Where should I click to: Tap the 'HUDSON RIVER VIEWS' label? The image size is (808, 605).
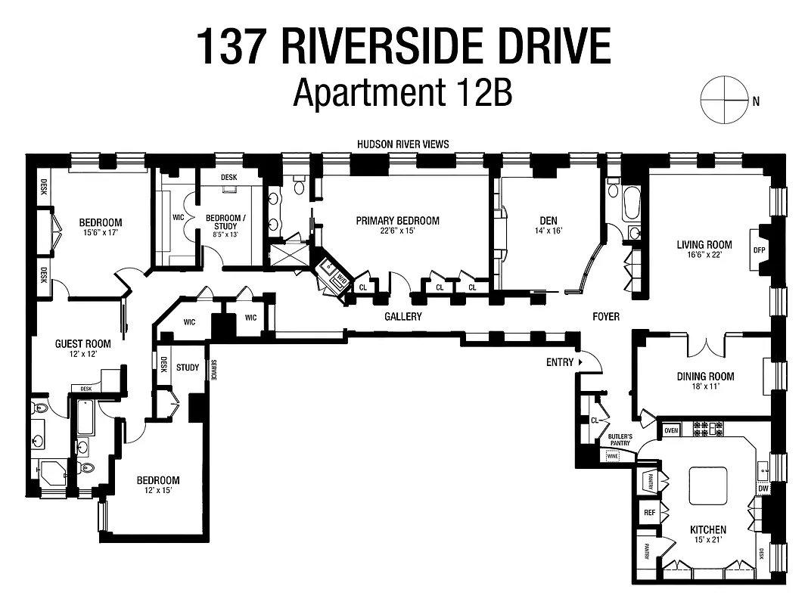click(x=404, y=144)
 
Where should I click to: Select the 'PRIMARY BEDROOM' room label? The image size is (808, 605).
click(x=398, y=221)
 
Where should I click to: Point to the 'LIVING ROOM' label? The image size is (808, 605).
click(x=704, y=244)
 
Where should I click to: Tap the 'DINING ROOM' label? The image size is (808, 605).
click(x=705, y=377)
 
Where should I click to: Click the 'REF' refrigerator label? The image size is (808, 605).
click(x=649, y=513)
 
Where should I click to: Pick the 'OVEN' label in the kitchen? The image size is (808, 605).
click(x=671, y=430)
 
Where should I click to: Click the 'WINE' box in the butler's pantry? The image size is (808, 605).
click(x=612, y=456)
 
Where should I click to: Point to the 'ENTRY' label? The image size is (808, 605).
click(x=560, y=362)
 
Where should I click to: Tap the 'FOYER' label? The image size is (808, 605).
click(x=605, y=316)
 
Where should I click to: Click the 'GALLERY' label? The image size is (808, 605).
click(x=402, y=317)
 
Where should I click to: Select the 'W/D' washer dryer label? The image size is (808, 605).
click(x=341, y=280)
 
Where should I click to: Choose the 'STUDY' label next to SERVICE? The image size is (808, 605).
click(x=188, y=368)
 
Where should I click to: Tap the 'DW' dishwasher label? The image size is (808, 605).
click(x=763, y=489)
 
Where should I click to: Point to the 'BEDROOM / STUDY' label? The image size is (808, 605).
click(x=225, y=221)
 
